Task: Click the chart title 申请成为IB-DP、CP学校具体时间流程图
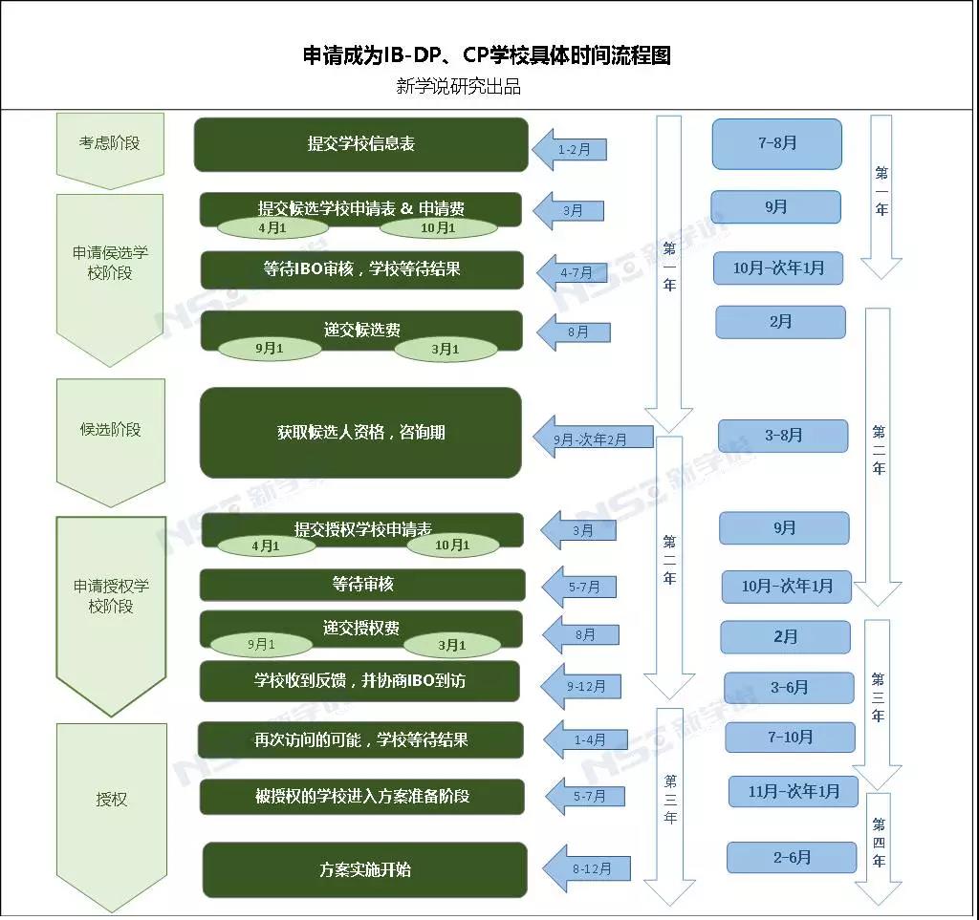[487, 55]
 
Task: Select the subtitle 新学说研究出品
[458, 86]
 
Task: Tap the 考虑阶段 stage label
[109, 143]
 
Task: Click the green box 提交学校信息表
[360, 144]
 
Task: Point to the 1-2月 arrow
[572, 149]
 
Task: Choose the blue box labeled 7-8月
[776, 143]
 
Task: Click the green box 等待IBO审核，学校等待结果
[361, 269]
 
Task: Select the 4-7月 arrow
[574, 272]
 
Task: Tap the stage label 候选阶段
[110, 429]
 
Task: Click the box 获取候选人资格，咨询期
[360, 433]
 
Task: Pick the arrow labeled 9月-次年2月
[590, 439]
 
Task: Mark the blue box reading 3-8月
[783, 436]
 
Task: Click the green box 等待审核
[362, 584]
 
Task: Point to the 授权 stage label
[111, 800]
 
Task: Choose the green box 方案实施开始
[364, 869]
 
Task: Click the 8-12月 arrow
[586, 868]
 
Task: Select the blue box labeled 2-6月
[791, 857]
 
